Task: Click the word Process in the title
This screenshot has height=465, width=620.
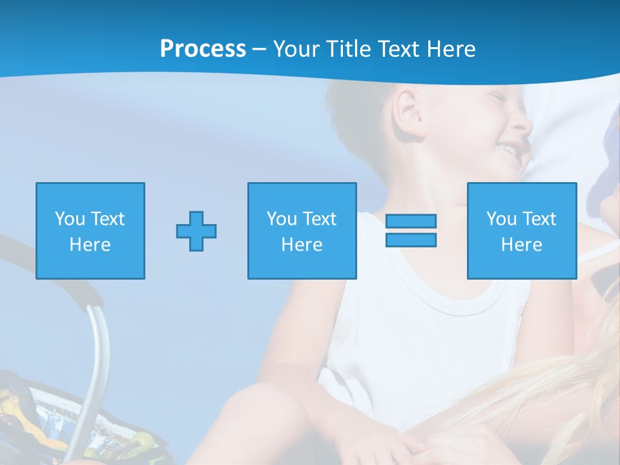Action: pyautogui.click(x=203, y=49)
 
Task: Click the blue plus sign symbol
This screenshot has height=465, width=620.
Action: pyautogui.click(x=196, y=231)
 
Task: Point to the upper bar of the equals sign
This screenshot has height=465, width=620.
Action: pyautogui.click(x=411, y=222)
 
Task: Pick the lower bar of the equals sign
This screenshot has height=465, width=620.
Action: pyautogui.click(x=411, y=240)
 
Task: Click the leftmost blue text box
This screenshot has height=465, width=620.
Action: pyautogui.click(x=90, y=231)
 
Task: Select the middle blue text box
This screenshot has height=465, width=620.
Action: pyautogui.click(x=302, y=231)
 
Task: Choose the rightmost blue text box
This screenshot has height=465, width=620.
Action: pyautogui.click(x=521, y=231)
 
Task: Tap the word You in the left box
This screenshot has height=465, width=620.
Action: pyautogui.click(x=68, y=219)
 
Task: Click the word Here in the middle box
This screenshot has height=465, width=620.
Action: pyautogui.click(x=302, y=245)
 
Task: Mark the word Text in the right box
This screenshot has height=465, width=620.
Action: pyautogui.click(x=539, y=219)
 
